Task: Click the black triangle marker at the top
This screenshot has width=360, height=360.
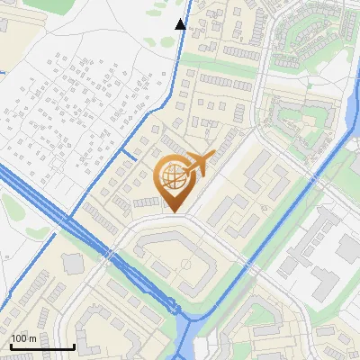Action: [x=181, y=24]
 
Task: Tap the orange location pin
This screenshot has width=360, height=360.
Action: [x=173, y=184]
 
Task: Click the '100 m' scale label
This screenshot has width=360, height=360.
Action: [x=23, y=338]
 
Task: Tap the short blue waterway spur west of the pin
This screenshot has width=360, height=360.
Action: [x=128, y=158]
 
